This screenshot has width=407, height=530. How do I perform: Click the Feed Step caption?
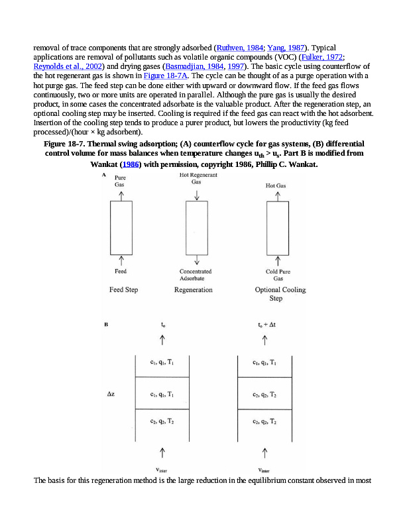(x=123, y=290)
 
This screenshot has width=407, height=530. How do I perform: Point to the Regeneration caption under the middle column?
(x=193, y=290)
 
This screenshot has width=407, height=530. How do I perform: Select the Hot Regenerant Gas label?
(x=197, y=178)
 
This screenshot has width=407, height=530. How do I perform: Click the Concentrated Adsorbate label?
(x=196, y=275)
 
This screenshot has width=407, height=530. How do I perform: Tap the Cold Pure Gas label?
(x=278, y=275)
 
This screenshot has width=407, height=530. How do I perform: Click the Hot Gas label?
(x=276, y=186)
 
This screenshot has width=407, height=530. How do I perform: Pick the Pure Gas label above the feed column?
(x=120, y=182)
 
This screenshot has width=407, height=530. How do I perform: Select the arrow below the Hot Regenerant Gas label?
(x=197, y=193)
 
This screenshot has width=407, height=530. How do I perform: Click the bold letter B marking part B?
(x=106, y=325)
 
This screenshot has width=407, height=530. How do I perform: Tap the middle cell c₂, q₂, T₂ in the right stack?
(x=264, y=394)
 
